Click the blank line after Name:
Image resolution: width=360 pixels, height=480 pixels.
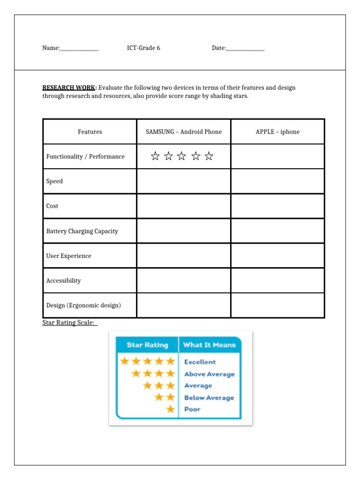pos(79,49)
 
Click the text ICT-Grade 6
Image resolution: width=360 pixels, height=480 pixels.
pos(143,48)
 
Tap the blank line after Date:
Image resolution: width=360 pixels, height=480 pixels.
pos(245,49)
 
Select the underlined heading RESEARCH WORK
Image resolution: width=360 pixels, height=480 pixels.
pos(69,88)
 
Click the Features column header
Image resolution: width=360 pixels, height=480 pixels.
pos(90,132)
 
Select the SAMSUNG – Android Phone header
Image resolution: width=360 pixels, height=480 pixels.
pos(184,132)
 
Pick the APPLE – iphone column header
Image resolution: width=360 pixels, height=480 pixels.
pos(277,132)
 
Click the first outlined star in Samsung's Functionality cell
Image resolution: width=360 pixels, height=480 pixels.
pos(155,157)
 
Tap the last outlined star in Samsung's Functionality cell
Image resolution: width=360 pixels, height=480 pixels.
pos(209,157)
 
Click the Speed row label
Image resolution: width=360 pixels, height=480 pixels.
pos(54,181)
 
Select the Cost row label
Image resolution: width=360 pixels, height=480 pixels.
pos(52,206)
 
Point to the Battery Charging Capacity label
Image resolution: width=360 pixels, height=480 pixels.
pos(82,231)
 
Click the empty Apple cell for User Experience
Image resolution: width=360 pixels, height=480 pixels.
pos(277,256)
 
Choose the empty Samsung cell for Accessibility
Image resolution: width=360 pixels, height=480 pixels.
pos(184,281)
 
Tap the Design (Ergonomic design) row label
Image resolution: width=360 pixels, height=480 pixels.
pos(83,306)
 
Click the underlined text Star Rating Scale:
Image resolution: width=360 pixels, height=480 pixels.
pos(69,323)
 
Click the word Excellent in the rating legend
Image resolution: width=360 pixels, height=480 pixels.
pos(200,362)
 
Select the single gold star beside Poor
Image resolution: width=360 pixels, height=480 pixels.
pos(170,409)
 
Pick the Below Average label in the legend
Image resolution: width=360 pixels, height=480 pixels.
pos(209,397)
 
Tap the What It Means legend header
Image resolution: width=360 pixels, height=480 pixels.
pos(209,345)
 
